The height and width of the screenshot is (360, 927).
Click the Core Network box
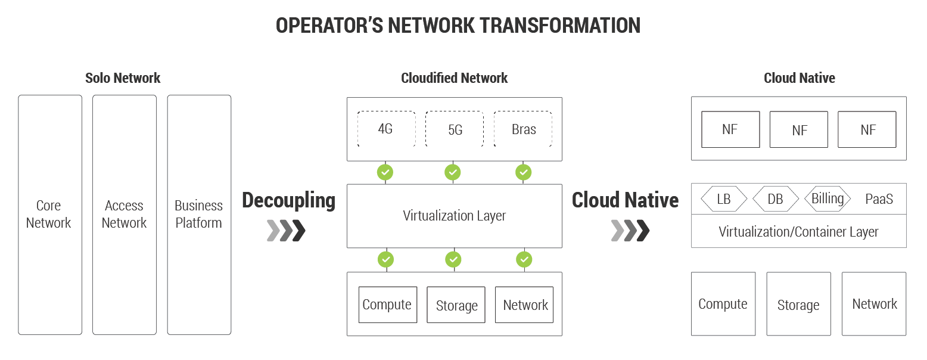coord(50,215)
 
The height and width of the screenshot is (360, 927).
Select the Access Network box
coord(125,215)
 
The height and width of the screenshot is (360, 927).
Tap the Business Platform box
coord(199,215)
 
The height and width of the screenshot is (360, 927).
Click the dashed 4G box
coord(386,129)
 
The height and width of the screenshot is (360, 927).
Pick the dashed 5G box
coord(455,129)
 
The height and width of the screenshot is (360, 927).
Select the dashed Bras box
coord(523,129)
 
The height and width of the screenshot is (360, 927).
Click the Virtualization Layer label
coord(455,216)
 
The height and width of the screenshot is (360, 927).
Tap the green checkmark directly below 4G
coord(385,173)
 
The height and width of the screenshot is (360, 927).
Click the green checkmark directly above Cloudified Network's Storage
coord(453,259)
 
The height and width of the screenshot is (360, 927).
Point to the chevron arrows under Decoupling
coord(287,231)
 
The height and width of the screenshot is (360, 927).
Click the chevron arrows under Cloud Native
coord(630,231)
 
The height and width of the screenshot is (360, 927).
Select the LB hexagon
coord(724,199)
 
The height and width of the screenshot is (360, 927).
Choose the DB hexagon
coord(775,199)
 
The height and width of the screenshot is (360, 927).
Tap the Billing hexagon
coord(828,198)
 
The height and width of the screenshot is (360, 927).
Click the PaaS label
coord(879,199)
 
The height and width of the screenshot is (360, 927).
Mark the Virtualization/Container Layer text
coord(798,232)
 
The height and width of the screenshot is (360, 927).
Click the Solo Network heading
coord(123,78)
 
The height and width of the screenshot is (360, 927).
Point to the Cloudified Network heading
coord(454,78)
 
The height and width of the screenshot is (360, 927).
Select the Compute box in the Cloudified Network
coord(387,305)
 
